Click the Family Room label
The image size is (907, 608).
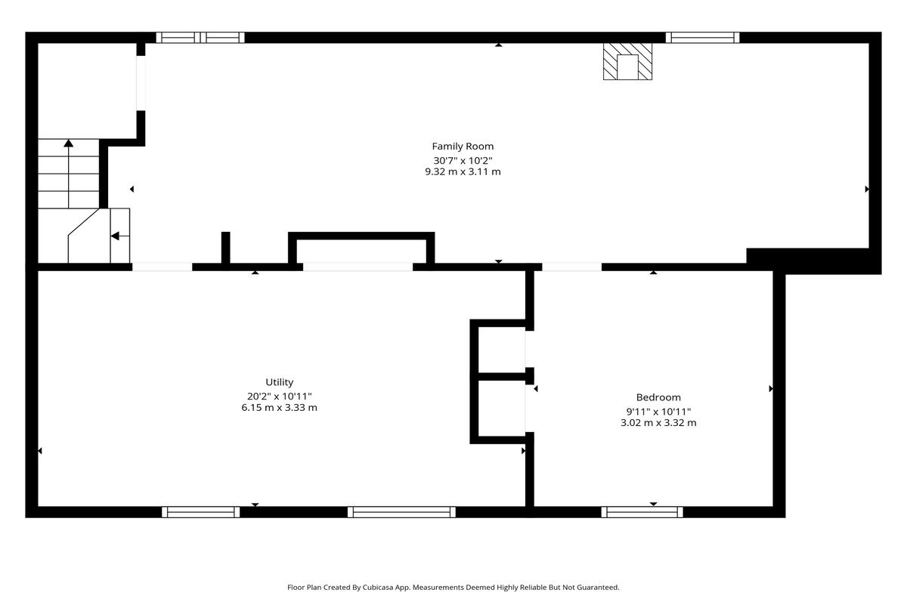coord(463,146)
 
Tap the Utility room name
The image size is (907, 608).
coord(280,382)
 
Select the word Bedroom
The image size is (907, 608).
coord(658,397)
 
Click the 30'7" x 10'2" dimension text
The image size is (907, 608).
coord(463,160)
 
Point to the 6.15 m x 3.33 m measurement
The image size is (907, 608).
coord(280,407)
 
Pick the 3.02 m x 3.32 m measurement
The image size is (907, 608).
coord(658,423)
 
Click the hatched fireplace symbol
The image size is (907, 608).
coord(627,61)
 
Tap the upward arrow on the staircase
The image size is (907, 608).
coord(69,174)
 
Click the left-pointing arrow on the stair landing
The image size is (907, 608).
coord(120,236)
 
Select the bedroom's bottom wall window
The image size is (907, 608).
coord(642,512)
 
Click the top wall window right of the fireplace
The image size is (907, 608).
coord(702,38)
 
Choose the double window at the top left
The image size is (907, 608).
coord(200,38)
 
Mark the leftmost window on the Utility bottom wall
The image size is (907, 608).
coord(201,512)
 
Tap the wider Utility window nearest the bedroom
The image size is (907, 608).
coord(401,512)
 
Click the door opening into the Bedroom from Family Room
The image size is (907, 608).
coord(571,267)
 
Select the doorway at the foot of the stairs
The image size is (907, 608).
coord(162,267)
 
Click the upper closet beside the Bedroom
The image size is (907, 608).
coord(502,350)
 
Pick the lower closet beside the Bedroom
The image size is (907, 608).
coord(502,409)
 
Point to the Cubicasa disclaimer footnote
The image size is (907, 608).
coord(453,588)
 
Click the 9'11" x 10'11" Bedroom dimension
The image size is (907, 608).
coord(658,412)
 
